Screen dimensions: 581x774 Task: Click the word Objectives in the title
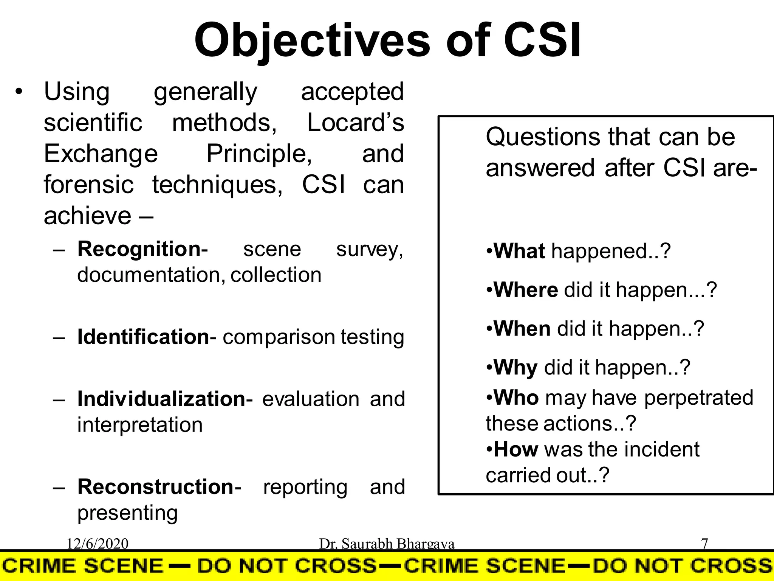(312, 40)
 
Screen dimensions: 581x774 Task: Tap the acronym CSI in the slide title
(542, 40)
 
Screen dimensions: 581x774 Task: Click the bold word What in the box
(519, 251)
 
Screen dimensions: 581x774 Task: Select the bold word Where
(526, 290)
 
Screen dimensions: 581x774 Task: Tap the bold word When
(522, 328)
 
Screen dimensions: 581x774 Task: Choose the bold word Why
(515, 367)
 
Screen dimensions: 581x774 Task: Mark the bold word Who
(516, 398)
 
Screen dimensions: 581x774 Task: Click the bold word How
(516, 449)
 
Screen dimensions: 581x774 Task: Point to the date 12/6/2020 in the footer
(98, 544)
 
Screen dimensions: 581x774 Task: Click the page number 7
(704, 544)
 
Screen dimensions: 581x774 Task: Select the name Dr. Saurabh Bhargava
(387, 544)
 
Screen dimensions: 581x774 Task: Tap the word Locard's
(355, 123)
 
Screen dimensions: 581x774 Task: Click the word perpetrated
(698, 398)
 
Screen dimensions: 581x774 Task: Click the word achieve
(87, 216)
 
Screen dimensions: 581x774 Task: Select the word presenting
(127, 513)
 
